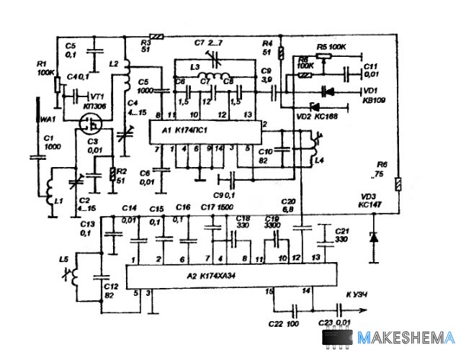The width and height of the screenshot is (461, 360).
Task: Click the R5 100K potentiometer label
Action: [331, 46]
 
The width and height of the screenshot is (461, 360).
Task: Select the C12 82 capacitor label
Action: [109, 289]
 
